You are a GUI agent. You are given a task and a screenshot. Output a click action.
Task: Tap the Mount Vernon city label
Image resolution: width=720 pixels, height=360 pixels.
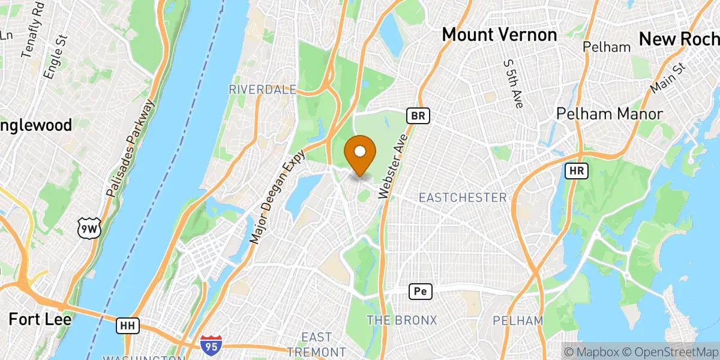(499, 35)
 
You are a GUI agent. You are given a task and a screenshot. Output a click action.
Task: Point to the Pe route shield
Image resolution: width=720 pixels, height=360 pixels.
(420, 292)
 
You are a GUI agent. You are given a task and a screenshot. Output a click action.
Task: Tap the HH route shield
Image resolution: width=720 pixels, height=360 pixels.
(127, 326)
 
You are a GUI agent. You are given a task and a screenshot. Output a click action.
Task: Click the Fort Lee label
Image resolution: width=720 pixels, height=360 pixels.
(40, 319)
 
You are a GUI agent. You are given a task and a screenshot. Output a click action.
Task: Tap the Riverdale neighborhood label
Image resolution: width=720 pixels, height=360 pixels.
(262, 89)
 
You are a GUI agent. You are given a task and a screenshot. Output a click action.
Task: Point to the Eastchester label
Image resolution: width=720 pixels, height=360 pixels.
(462, 197)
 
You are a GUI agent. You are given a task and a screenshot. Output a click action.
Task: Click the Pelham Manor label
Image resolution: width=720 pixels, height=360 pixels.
(609, 114)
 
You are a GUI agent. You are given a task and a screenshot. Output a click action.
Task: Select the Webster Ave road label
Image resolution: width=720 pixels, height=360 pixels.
(394, 167)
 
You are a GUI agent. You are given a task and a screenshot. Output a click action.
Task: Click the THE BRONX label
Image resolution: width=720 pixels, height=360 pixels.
(401, 320)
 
